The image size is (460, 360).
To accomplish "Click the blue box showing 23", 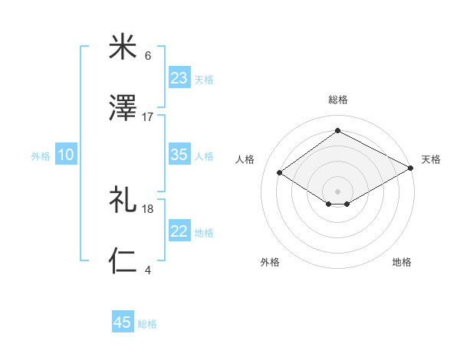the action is click(x=179, y=78).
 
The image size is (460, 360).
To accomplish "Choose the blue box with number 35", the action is click(x=179, y=155).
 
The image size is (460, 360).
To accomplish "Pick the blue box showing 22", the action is click(x=179, y=231).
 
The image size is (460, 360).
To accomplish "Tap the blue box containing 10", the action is click(x=65, y=155).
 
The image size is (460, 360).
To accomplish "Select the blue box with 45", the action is click(x=123, y=322).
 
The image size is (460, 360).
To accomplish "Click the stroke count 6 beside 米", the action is click(x=148, y=56).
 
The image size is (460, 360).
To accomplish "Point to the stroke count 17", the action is click(x=148, y=117).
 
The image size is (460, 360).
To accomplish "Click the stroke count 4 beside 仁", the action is click(x=148, y=270).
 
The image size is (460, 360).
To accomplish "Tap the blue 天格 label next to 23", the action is click(x=204, y=80).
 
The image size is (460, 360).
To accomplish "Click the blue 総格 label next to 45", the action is click(x=147, y=324).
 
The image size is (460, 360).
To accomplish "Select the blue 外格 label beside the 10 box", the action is click(x=41, y=156).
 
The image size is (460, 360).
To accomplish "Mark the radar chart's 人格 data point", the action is click(x=280, y=173).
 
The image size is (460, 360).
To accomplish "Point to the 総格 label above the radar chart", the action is click(x=338, y=100).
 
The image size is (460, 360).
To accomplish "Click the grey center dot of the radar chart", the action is click(x=338, y=191).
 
